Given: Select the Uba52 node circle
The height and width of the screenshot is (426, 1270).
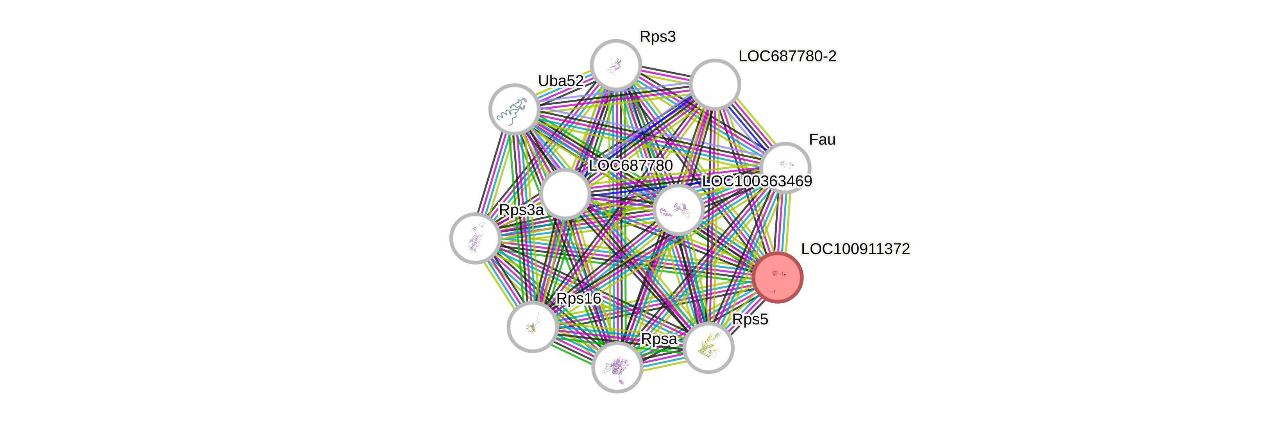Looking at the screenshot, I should point(514,109).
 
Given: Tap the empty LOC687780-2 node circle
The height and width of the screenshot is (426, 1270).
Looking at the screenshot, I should point(715,84).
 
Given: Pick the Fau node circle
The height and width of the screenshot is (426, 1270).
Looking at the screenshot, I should point(785,168).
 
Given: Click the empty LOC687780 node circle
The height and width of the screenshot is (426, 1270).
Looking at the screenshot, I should point(565,194).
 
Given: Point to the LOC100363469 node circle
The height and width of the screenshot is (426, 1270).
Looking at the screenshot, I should point(678,209).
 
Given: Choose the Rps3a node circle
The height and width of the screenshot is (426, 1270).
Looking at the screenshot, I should point(475,238).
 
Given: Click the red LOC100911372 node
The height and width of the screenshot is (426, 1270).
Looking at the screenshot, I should point(778,277).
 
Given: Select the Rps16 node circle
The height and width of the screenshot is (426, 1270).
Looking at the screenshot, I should point(533,326).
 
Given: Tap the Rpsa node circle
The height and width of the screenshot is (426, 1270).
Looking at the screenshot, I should point(617,367).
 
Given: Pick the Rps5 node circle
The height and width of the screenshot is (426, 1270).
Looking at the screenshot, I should point(708,347).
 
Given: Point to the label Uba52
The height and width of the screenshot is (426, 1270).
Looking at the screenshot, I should point(560,81).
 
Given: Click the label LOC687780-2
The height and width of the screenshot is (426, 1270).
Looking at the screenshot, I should point(787,56).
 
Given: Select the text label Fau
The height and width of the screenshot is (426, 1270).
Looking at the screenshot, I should point(822,140).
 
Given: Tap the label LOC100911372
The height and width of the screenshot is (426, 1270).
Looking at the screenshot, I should point(855,249).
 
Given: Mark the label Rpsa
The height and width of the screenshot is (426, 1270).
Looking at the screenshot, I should point(659,339).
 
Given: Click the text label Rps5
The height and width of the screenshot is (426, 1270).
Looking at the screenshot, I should point(750,320).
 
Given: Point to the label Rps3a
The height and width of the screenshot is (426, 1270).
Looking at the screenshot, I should point(521,210).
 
